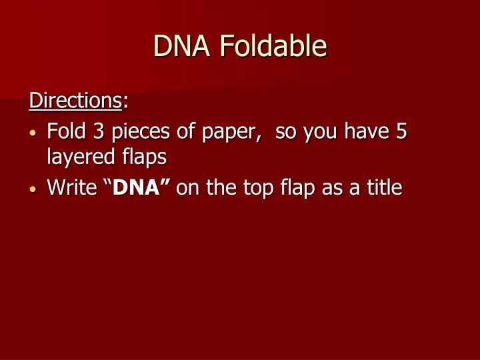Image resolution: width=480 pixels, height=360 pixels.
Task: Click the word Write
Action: (71, 187)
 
